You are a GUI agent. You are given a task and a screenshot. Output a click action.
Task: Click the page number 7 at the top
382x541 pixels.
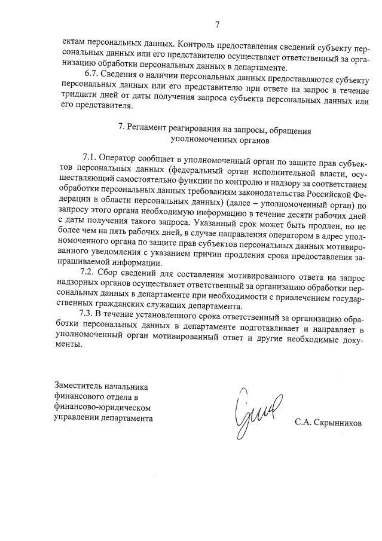pyautogui.click(x=218, y=25)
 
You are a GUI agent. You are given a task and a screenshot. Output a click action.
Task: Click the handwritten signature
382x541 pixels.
pyautogui.click(x=250, y=412)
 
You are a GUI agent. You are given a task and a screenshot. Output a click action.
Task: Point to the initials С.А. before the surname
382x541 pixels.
pyautogui.click(x=303, y=423)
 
